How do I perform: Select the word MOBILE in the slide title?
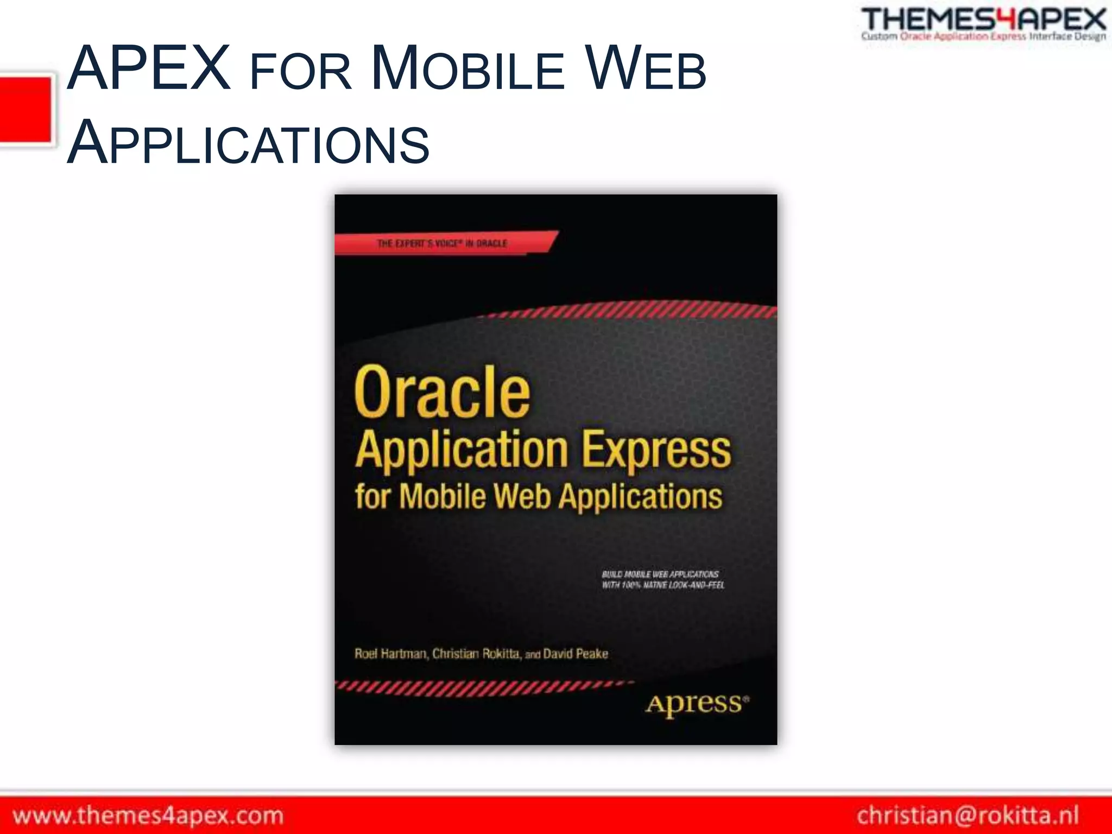coord(468,69)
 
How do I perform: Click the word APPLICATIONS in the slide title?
coord(248,143)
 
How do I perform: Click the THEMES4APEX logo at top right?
coord(983,20)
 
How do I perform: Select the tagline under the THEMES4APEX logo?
coord(983,36)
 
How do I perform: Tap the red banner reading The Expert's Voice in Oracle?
coord(443,243)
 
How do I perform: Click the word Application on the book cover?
coord(462,450)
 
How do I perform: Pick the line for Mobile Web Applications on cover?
coord(539,496)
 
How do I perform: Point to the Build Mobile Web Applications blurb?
coord(662,579)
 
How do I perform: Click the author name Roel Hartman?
coord(390,654)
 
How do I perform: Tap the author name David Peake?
coord(576,654)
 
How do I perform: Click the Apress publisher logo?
coord(697,704)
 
